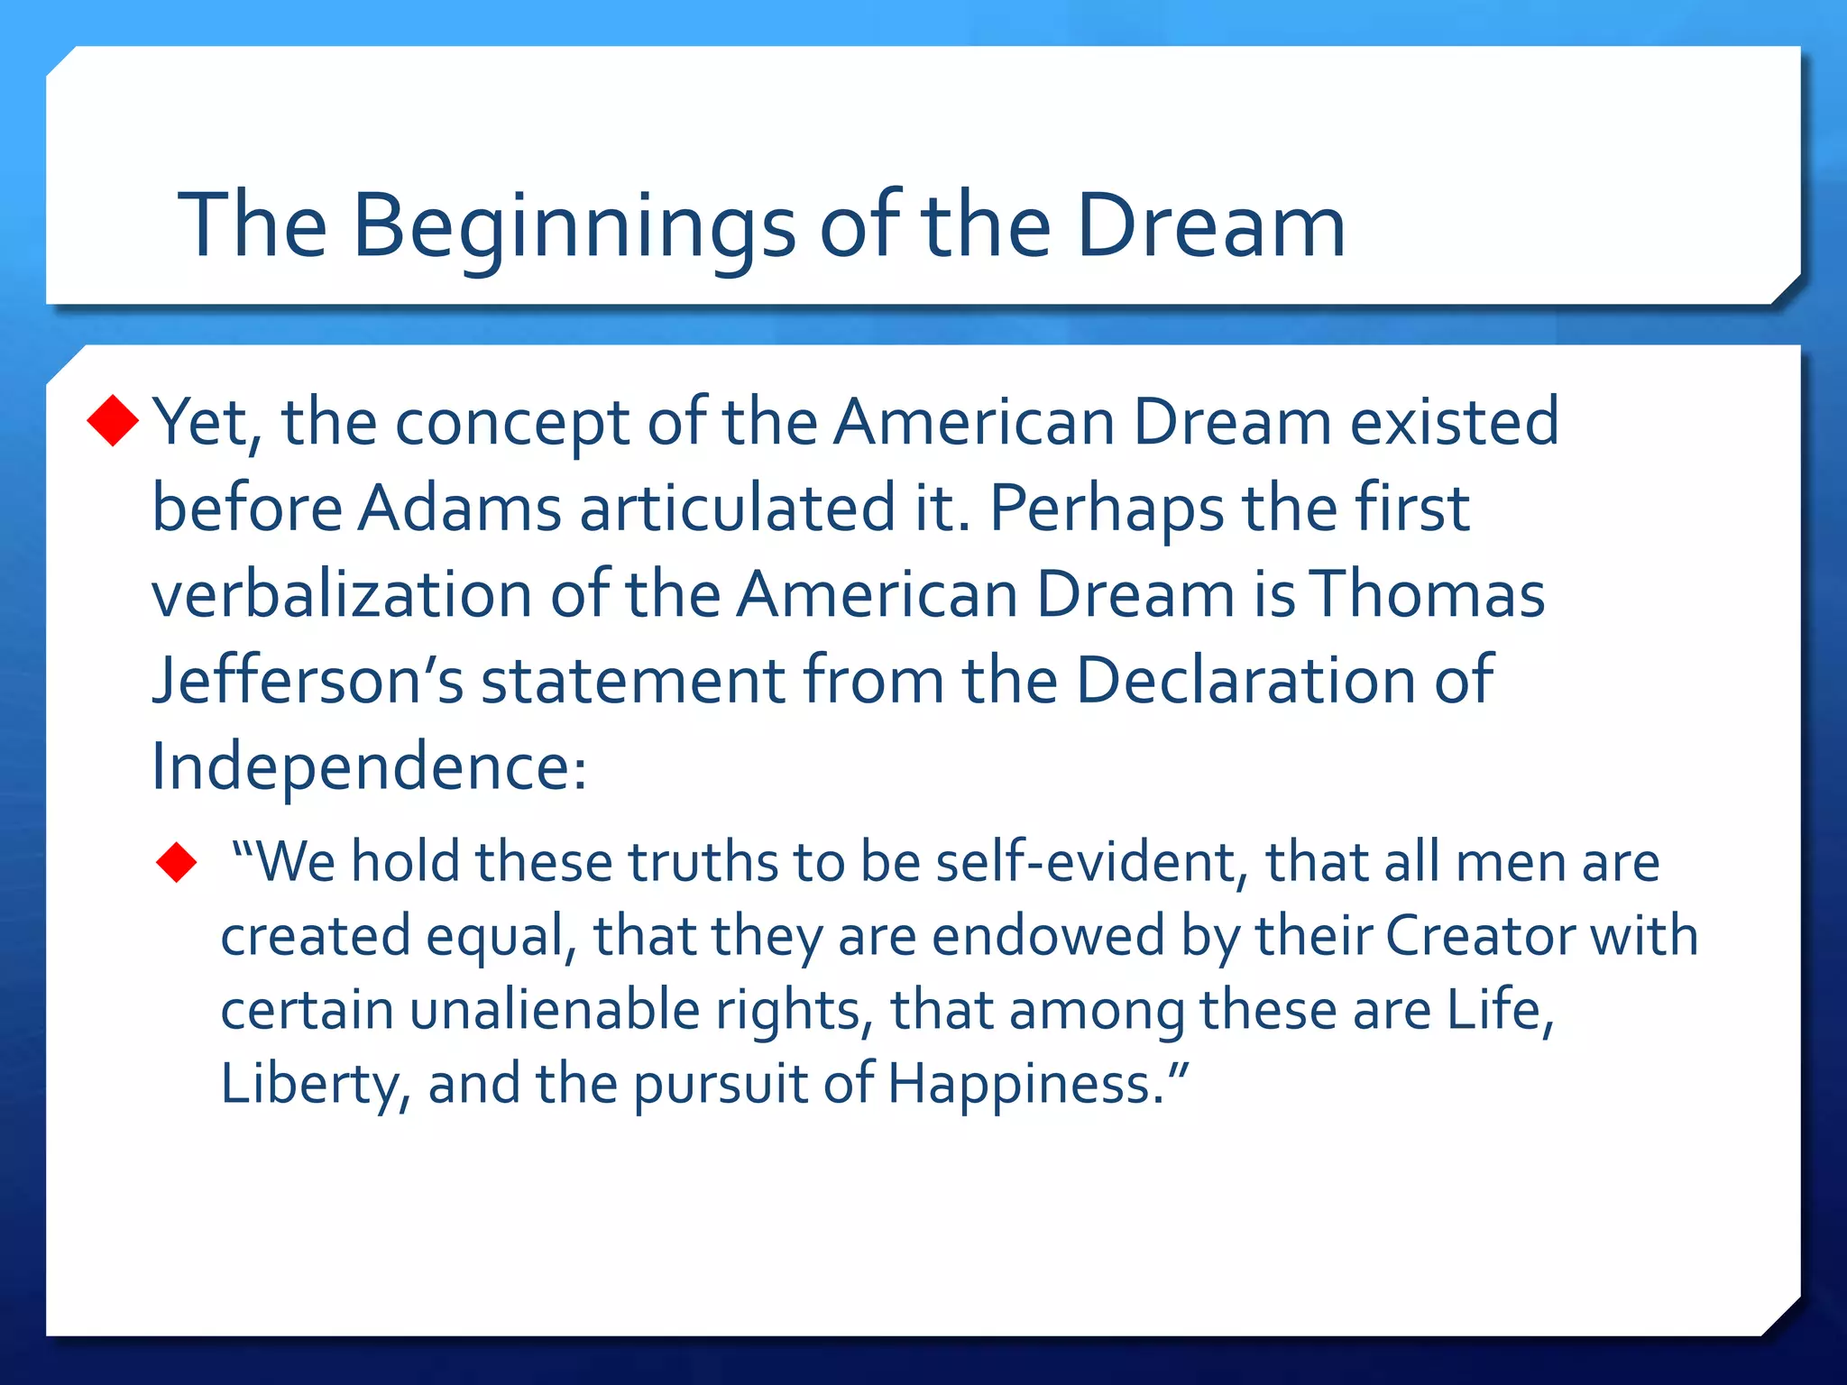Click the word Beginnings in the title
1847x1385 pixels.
point(574,225)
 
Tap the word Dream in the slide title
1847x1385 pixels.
point(1210,225)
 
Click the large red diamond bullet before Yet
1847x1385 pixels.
point(114,420)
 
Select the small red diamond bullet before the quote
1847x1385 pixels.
point(177,862)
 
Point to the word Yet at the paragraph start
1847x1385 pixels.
point(206,422)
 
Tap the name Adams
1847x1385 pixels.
point(460,508)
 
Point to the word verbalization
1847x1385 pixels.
point(342,594)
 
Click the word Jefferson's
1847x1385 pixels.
point(308,680)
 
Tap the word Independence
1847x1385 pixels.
point(368,767)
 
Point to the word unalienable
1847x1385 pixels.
point(555,1009)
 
